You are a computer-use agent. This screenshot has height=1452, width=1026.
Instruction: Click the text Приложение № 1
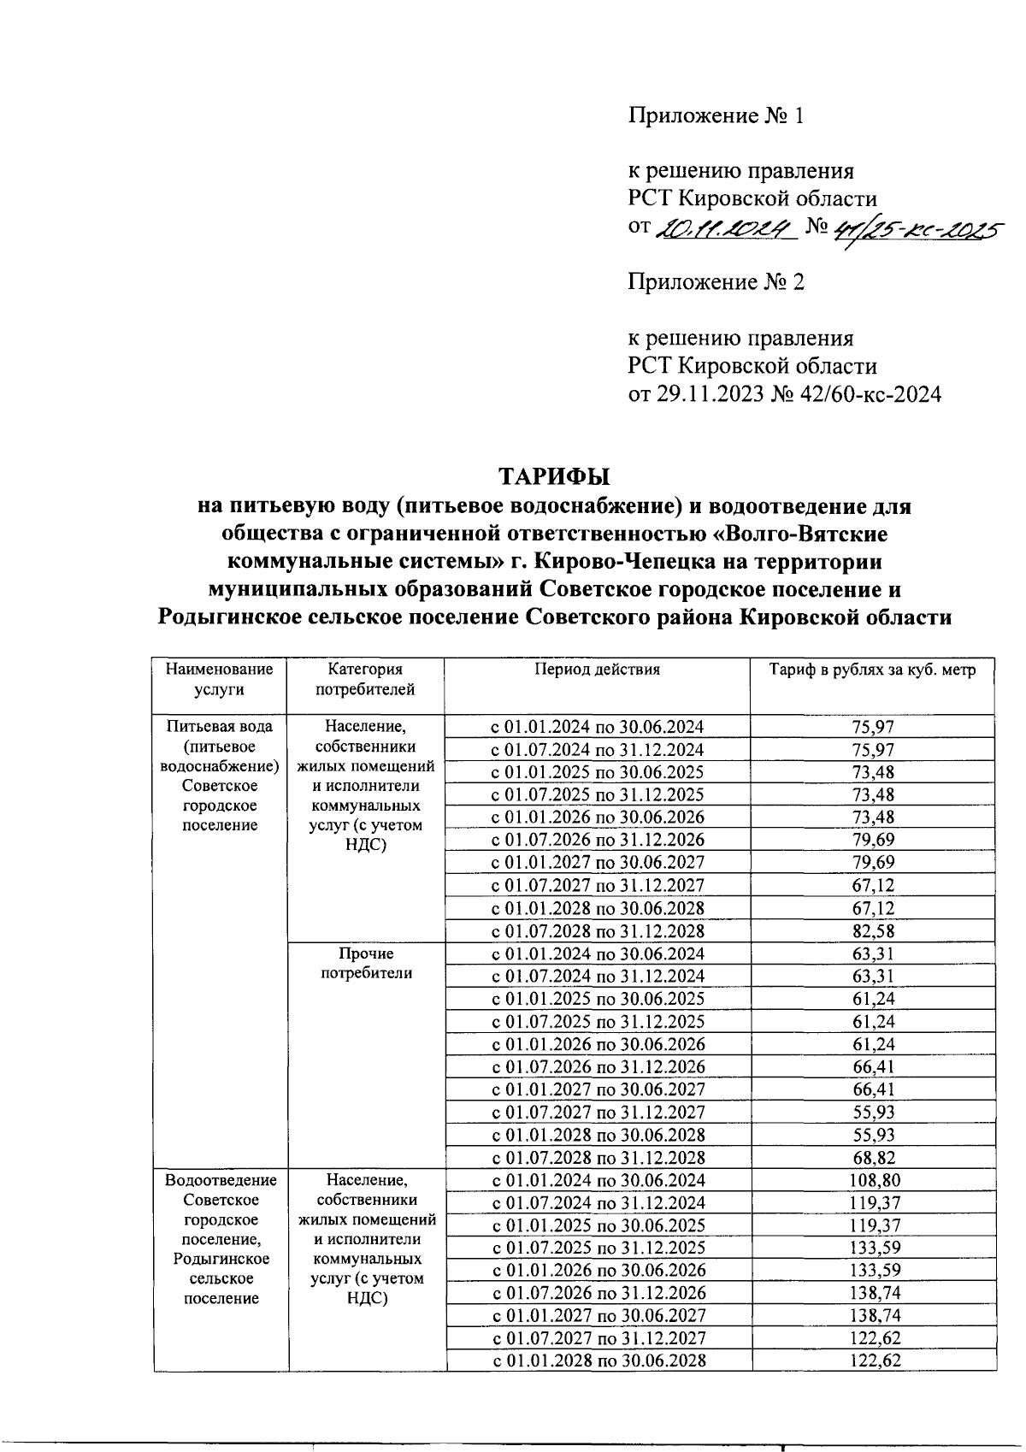pyautogui.click(x=716, y=115)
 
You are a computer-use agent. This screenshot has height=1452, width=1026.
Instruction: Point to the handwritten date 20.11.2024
pyautogui.click(x=725, y=229)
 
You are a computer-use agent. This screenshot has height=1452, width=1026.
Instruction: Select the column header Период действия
pyautogui.click(x=597, y=670)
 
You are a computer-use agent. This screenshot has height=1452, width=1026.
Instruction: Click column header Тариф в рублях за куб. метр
pyautogui.click(x=872, y=670)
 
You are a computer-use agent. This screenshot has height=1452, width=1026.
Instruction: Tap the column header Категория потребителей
pyautogui.click(x=365, y=679)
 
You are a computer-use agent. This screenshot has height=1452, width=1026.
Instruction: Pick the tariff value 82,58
pyautogui.click(x=873, y=931)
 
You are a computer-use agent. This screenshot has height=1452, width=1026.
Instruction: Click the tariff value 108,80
pyautogui.click(x=873, y=1181)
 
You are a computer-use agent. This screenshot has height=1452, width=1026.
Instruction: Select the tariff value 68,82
pyautogui.click(x=873, y=1158)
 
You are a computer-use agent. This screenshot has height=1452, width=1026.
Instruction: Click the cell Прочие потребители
pyautogui.click(x=365, y=964)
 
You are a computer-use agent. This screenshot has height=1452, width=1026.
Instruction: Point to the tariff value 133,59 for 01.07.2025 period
pyautogui.click(x=873, y=1248)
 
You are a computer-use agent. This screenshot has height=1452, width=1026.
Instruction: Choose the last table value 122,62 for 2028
pyautogui.click(x=873, y=1361)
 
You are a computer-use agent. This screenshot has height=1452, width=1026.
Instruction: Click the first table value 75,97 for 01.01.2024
pyautogui.click(x=873, y=727)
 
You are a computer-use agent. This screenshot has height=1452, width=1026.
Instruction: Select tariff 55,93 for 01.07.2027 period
pyautogui.click(x=873, y=1113)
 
